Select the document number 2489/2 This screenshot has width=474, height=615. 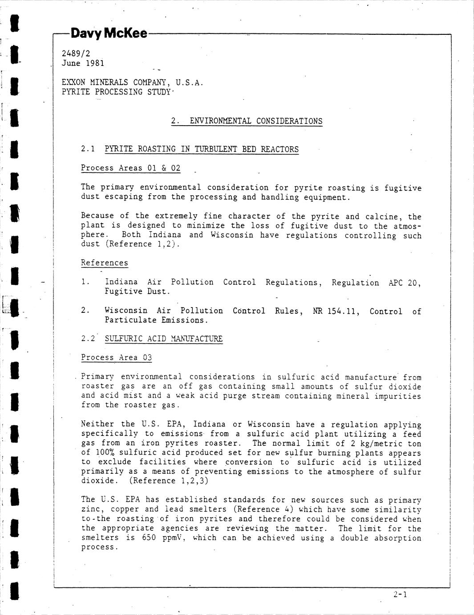[x=76, y=53]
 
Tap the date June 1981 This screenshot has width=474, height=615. [x=83, y=63]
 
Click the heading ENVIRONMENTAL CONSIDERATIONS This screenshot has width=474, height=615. [x=256, y=121]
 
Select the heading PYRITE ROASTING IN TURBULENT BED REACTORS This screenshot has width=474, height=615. [x=202, y=149]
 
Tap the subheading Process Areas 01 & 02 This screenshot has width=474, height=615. [x=131, y=168]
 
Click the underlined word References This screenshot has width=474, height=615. [x=104, y=263]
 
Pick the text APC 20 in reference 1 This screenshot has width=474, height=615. [x=404, y=283]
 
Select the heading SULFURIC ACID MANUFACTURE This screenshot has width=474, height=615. [x=163, y=339]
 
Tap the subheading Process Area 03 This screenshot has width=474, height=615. [x=116, y=357]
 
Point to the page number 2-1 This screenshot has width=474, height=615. [x=400, y=594]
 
